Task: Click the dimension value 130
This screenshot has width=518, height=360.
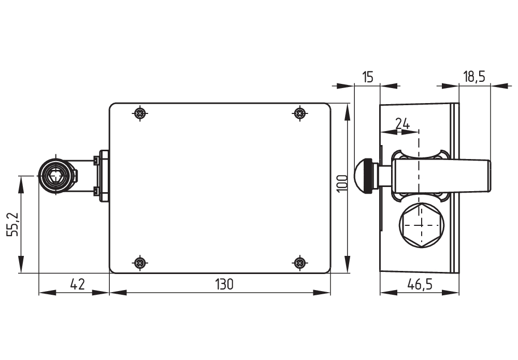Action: point(225,284)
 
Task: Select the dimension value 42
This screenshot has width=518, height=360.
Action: point(77,284)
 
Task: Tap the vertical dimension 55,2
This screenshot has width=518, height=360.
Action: point(13,224)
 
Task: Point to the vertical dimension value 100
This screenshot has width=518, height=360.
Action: point(341,183)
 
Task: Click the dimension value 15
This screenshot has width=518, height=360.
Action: point(367,77)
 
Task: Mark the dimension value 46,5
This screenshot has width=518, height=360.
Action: point(420,284)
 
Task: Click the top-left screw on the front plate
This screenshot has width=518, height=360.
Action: point(139,113)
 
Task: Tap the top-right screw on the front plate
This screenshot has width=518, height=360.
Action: point(299,113)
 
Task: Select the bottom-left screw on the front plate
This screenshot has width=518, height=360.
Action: point(139,263)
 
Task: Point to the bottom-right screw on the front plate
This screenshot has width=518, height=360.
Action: point(299,263)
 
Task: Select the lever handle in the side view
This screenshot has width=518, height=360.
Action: point(440,175)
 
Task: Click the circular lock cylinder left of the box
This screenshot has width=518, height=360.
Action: point(54,175)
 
